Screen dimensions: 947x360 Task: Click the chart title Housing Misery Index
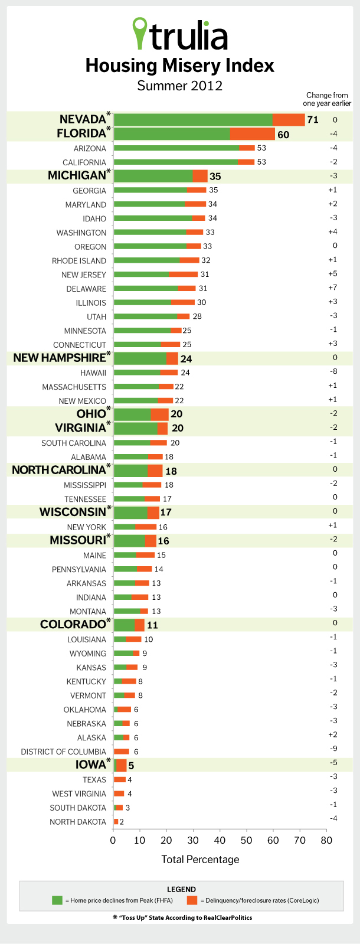[x=180, y=65]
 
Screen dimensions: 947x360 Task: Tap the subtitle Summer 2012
[x=180, y=86]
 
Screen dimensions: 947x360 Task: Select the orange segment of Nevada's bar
[x=289, y=120]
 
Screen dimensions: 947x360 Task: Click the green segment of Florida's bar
[x=171, y=134]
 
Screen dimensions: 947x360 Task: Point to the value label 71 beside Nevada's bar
[x=312, y=120]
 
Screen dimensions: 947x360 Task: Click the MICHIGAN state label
[x=77, y=175]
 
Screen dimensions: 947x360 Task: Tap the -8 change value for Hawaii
[x=335, y=372]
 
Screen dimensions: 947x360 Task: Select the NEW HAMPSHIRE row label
[x=59, y=358]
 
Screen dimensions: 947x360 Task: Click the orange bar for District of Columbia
[x=122, y=752]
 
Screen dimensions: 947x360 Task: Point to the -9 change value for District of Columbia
[x=335, y=751]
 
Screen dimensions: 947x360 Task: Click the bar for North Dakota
[x=116, y=822]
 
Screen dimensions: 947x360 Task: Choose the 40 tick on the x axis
[x=220, y=839]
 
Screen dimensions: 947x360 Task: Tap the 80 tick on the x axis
[x=326, y=839]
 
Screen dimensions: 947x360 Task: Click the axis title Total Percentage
[x=200, y=859]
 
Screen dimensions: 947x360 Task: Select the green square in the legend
[x=57, y=900]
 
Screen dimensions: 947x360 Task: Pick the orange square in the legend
[x=192, y=900]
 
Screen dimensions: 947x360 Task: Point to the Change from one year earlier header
[x=327, y=99]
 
